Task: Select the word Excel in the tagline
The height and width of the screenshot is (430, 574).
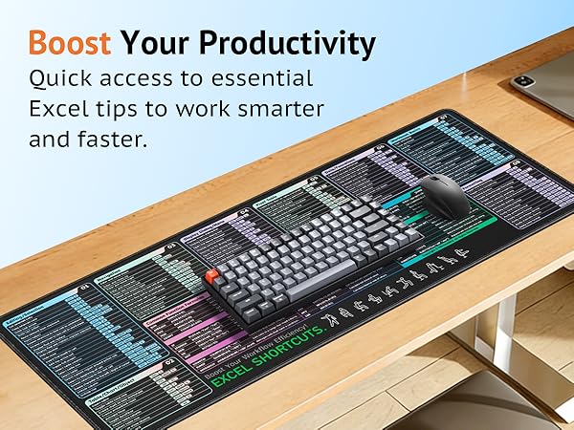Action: (x=59, y=108)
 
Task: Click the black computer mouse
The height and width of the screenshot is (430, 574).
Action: (x=446, y=195)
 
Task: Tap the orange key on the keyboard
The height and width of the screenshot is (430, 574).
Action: (x=211, y=277)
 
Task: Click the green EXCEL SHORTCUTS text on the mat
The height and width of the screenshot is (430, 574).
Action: (x=268, y=355)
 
